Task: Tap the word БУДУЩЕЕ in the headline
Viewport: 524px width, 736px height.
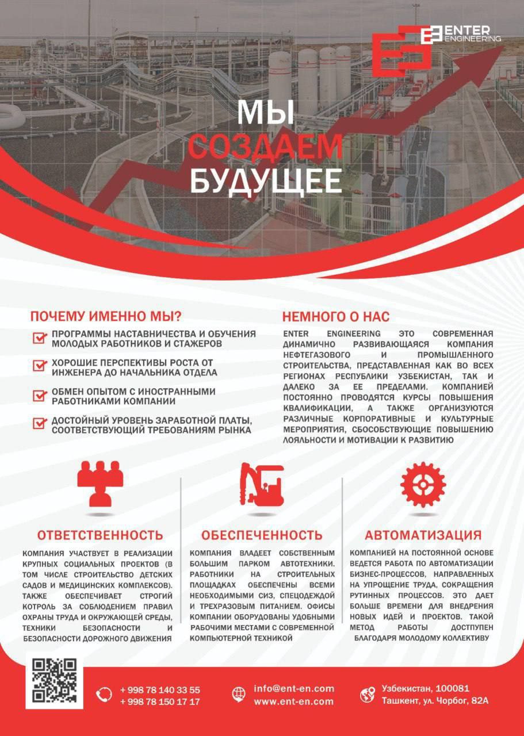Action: click(x=265, y=181)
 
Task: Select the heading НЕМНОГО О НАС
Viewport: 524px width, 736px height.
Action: click(x=335, y=316)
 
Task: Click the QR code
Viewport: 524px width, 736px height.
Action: click(x=54, y=680)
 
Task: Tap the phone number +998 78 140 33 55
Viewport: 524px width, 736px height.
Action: click(x=160, y=690)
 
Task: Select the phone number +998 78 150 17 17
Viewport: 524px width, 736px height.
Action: click(x=160, y=702)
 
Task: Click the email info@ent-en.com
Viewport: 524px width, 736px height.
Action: click(x=293, y=689)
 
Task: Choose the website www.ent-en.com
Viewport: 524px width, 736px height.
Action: click(x=293, y=701)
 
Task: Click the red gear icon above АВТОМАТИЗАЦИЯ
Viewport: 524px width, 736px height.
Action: click(x=423, y=484)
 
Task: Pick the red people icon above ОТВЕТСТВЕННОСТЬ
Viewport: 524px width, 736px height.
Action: click(x=100, y=484)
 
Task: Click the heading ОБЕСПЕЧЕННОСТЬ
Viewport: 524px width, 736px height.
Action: click(x=262, y=535)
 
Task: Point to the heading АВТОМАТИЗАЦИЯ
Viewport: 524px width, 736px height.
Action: click(x=423, y=535)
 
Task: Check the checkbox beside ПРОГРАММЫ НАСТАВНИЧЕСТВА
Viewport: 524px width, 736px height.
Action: click(x=40, y=338)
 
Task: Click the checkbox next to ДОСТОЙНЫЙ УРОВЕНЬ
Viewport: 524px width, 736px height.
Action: click(x=40, y=423)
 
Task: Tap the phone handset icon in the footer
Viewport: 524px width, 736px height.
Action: click(x=104, y=695)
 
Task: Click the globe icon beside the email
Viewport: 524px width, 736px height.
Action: click(x=238, y=695)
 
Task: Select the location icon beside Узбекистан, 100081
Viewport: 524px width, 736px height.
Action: click(x=367, y=695)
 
